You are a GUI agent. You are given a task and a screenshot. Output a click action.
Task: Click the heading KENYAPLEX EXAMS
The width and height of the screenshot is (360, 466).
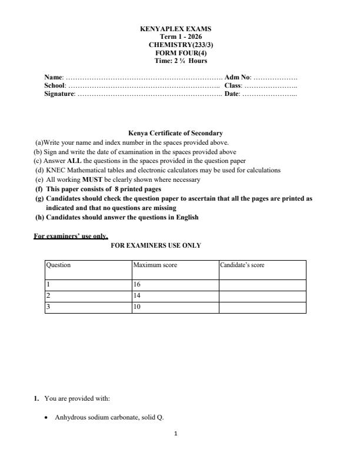175,29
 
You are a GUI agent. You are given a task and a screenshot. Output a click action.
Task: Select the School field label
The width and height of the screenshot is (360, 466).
55,85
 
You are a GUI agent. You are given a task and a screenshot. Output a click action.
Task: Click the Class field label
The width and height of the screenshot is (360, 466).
233,85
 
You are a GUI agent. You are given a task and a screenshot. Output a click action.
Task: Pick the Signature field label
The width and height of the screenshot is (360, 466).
59,94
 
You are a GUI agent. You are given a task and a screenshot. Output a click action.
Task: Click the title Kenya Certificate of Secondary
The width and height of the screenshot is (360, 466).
175,134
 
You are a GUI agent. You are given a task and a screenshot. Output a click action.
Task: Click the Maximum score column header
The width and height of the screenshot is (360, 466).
155,265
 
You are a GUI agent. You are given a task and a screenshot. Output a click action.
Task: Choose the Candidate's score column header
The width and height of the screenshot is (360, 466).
242,265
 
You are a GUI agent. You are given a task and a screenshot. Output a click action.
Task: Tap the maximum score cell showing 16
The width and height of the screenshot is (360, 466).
137,285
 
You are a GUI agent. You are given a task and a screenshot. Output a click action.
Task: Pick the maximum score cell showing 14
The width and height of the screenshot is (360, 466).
137,296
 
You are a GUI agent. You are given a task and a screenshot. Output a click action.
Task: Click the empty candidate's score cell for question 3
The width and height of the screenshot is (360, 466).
262,307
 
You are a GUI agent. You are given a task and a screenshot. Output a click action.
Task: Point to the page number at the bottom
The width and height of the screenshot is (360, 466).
175,434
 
